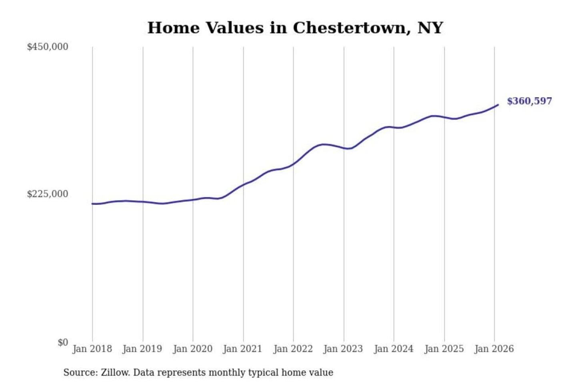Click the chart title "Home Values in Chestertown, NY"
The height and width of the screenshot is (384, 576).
295,28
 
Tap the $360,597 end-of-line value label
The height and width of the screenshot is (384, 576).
529,101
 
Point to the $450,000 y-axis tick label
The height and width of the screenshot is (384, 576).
48,47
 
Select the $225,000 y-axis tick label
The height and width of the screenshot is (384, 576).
48,194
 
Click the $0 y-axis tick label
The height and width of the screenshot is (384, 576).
63,342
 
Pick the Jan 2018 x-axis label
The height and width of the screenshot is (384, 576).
92,349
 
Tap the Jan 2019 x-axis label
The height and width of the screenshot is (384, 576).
142,349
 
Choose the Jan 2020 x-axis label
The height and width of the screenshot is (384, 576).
192,349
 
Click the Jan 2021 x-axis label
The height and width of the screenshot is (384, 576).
242,349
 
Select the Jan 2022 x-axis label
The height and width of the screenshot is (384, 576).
293,349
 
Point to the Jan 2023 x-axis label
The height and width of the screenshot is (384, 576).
343,349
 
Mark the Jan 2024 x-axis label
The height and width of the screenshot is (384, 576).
393,349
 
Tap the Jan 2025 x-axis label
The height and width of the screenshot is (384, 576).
444,349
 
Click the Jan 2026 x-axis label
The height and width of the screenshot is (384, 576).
494,349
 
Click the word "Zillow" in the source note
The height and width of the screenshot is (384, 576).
115,373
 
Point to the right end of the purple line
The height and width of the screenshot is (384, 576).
498,105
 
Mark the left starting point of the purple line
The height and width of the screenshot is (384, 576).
92,204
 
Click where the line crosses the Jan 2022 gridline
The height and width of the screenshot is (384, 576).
293,164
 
